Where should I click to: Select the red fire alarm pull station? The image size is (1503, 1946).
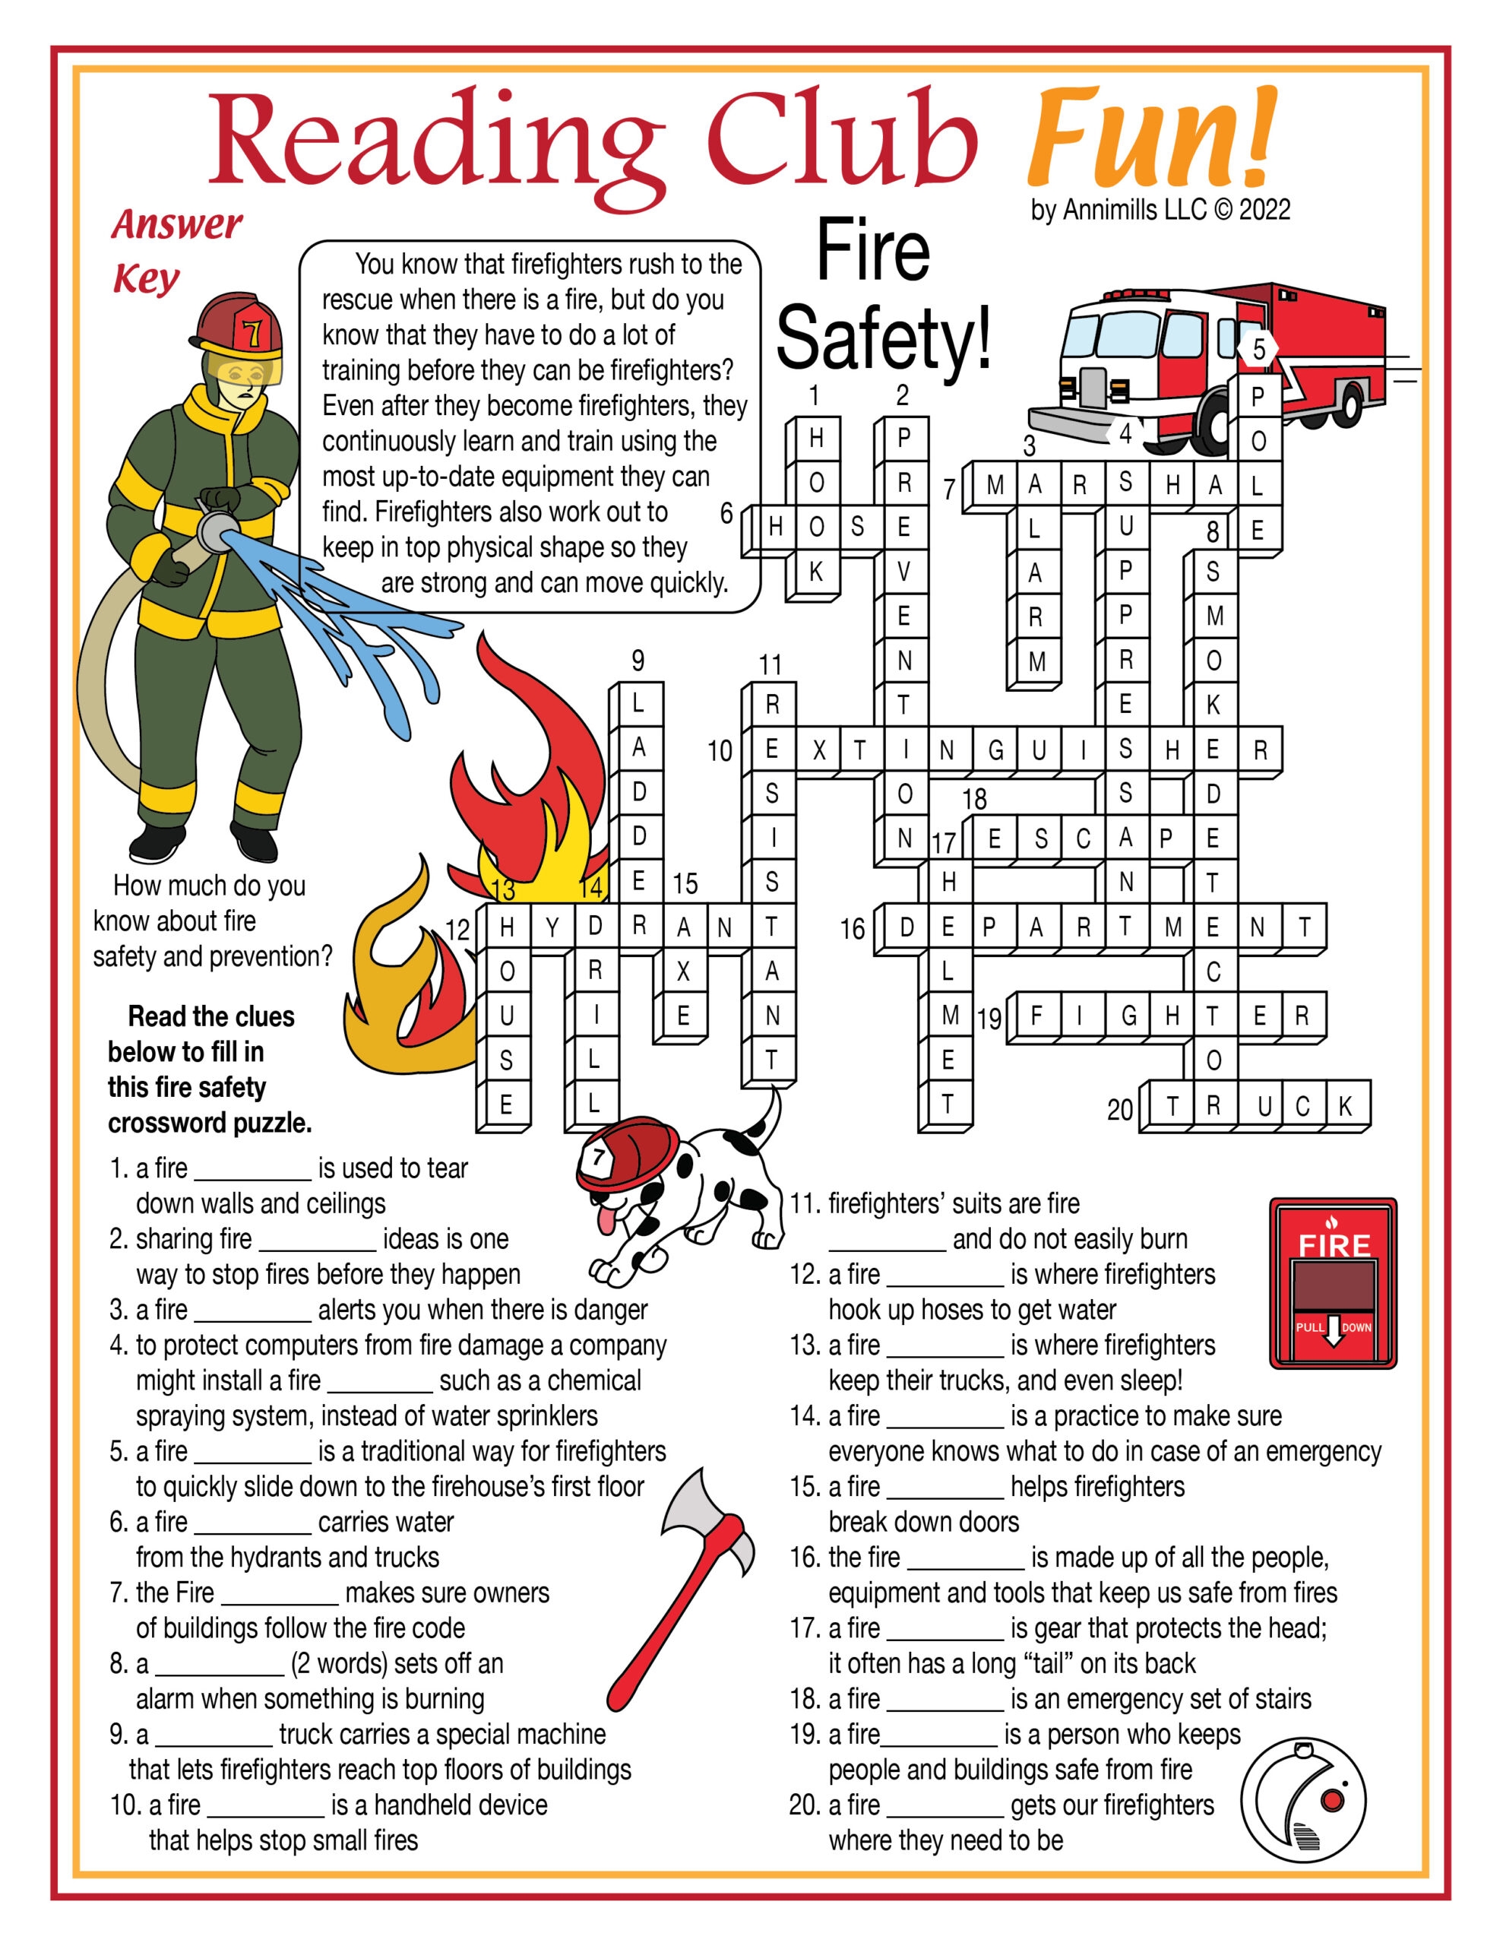1332,1282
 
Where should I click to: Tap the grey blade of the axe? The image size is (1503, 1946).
707,1515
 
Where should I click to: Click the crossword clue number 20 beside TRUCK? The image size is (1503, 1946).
1119,1109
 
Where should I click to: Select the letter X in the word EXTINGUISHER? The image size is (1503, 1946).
818,750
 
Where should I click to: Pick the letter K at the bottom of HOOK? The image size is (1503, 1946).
816,572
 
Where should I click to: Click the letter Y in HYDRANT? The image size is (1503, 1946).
551,927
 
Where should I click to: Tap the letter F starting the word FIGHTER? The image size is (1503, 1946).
1036,1016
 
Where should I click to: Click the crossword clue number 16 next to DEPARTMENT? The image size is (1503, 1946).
852,930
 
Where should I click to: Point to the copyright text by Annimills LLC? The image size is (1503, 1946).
1160,211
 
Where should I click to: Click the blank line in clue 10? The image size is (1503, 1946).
264,1805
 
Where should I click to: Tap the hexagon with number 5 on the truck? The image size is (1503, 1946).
1258,348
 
